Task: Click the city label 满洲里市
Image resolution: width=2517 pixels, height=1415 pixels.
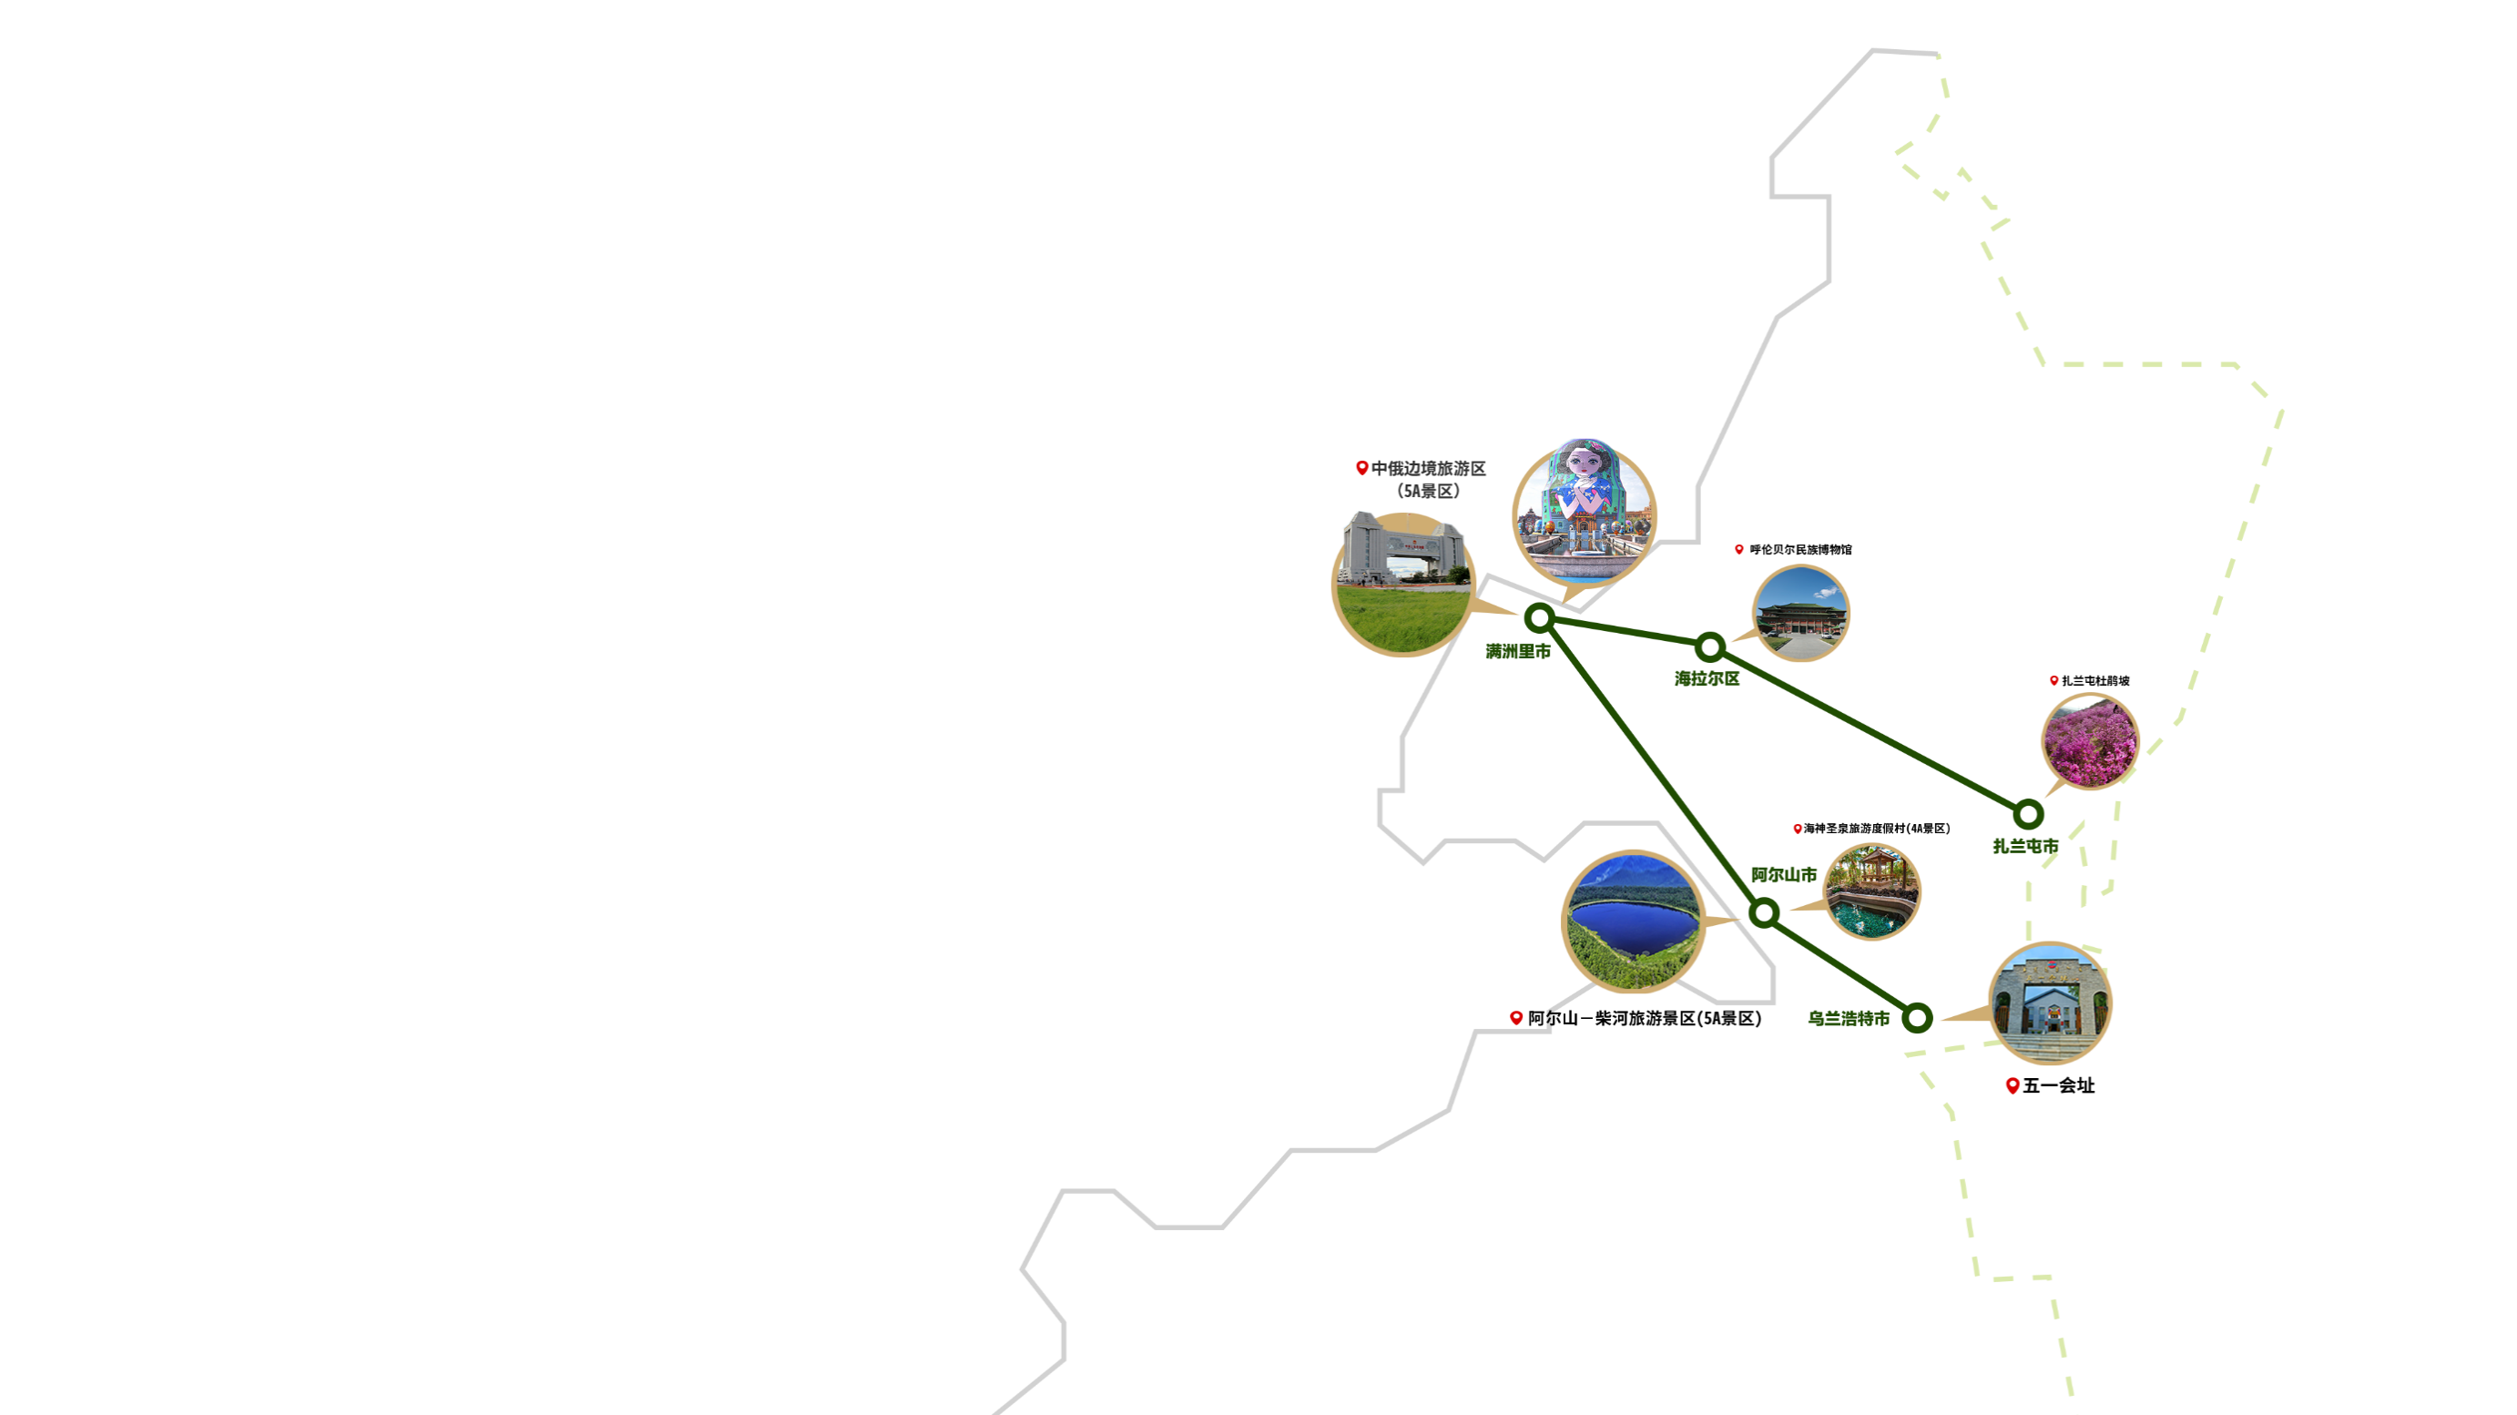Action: click(x=1517, y=652)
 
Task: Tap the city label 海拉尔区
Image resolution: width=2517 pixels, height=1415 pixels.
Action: click(x=1707, y=679)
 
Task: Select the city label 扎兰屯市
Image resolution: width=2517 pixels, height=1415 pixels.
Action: click(x=2025, y=846)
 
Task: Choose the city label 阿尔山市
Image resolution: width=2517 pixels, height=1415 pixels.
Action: click(x=1784, y=875)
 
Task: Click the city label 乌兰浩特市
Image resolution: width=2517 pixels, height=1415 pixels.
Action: click(x=1849, y=1018)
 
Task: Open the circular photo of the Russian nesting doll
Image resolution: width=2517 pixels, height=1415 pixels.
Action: click(x=1585, y=512)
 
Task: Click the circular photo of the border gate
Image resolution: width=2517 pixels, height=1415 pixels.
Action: click(x=1404, y=584)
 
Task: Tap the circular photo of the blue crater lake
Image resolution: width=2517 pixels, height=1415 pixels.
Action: click(x=1634, y=922)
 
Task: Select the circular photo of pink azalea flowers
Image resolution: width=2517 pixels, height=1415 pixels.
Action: click(x=2090, y=740)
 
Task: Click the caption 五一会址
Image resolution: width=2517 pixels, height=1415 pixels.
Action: click(x=2059, y=1085)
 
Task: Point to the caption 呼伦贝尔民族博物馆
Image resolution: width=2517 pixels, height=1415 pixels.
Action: click(x=1801, y=549)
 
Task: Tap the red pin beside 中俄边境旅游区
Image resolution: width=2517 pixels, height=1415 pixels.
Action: click(x=1362, y=468)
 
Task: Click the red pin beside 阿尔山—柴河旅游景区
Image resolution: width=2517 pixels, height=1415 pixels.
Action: click(x=1516, y=1018)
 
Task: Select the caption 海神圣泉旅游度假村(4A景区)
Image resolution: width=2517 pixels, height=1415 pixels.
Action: click(x=1877, y=829)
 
